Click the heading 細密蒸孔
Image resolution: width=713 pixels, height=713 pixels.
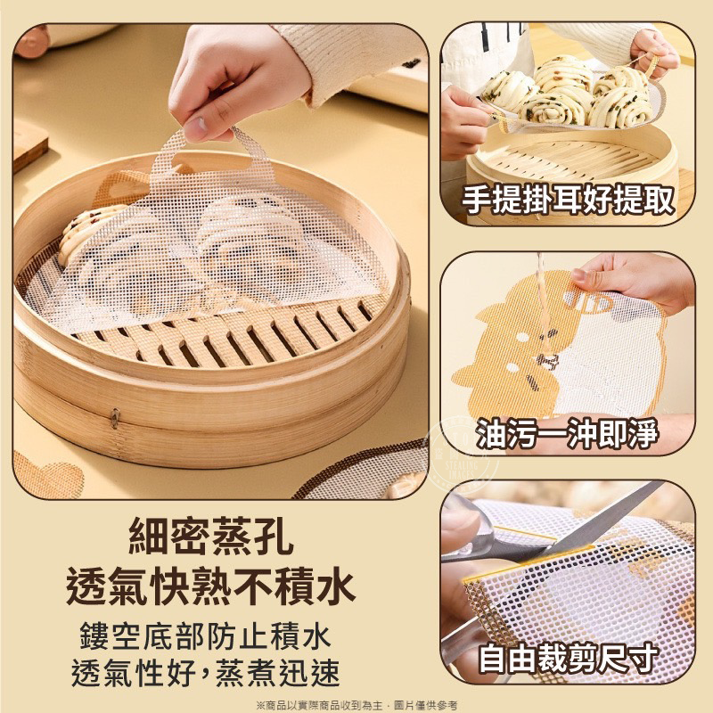coord(211,537)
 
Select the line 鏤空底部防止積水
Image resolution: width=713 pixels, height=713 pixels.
coord(206,636)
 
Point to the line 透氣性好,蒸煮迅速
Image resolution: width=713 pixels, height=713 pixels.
coord(206,672)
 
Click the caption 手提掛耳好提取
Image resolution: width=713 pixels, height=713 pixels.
coord(568,199)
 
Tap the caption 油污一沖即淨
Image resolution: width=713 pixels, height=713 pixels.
coord(567,432)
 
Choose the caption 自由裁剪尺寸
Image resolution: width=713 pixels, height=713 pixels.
coord(568,658)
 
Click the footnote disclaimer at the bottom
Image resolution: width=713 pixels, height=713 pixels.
coord(356,705)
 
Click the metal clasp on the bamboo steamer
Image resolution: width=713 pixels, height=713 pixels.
coord(115,417)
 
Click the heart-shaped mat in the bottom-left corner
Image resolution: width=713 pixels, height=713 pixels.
coord(48,475)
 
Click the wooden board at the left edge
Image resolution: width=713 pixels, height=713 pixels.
coord(29,145)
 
